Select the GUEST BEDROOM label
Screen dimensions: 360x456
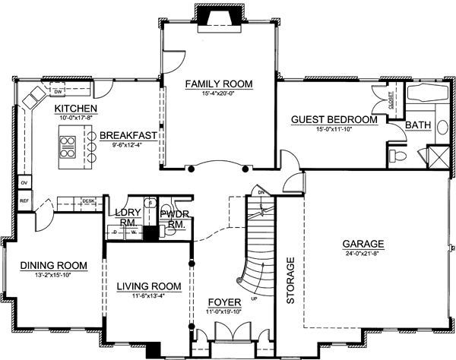coord(335,120)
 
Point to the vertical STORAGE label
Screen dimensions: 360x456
coord(290,281)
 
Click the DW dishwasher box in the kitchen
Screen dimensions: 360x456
coord(58,93)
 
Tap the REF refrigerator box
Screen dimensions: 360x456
coord(24,201)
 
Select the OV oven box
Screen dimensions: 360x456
coord(24,183)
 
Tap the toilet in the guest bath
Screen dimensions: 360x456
coord(394,157)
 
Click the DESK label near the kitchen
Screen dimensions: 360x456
coord(88,201)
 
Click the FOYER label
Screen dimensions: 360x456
coord(224,302)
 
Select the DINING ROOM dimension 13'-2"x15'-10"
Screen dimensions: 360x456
coord(54,275)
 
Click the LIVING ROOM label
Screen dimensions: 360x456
coord(149,286)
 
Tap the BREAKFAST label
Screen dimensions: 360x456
coord(127,135)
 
